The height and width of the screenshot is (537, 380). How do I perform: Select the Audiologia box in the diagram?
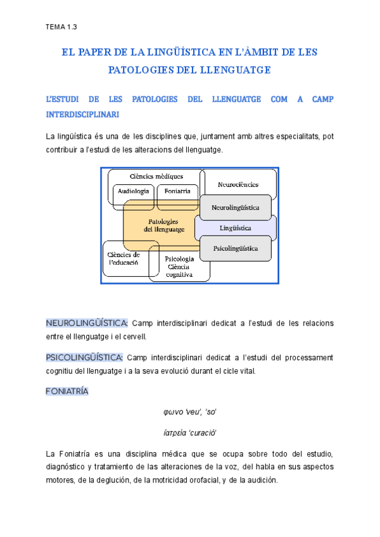point(133,191)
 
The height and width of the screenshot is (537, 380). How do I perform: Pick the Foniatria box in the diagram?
point(177,191)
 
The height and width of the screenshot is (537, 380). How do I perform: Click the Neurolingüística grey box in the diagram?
point(236,206)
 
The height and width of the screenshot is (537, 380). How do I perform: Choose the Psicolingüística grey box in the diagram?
point(236,249)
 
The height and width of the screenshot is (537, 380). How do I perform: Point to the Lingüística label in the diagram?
point(236,227)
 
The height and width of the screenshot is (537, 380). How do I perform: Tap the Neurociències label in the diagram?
point(237,185)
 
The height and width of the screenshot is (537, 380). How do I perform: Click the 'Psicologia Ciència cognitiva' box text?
point(179,267)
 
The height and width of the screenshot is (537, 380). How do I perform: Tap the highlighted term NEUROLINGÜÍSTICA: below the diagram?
point(87,324)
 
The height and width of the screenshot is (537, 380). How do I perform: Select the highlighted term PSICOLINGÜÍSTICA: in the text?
point(85,358)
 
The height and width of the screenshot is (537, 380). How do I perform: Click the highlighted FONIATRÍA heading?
point(67,391)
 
